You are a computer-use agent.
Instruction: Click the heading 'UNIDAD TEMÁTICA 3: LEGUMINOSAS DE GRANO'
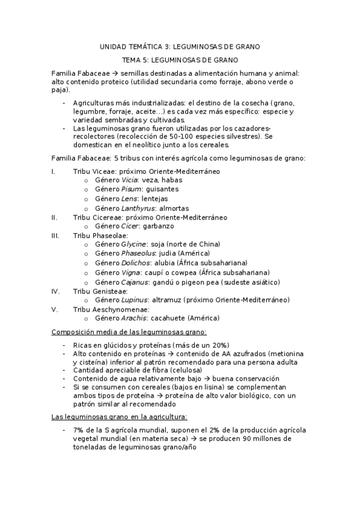(x=180, y=46)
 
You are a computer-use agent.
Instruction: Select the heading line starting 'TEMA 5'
(x=180, y=60)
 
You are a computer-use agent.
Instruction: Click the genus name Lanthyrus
(x=138, y=208)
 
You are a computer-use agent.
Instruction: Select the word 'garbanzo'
(x=158, y=226)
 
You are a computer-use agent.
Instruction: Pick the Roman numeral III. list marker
(x=56, y=235)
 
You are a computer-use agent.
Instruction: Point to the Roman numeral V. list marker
(x=55, y=309)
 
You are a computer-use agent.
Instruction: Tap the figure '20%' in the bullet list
(x=219, y=345)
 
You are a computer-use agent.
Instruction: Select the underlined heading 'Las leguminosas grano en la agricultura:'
(x=119, y=416)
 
